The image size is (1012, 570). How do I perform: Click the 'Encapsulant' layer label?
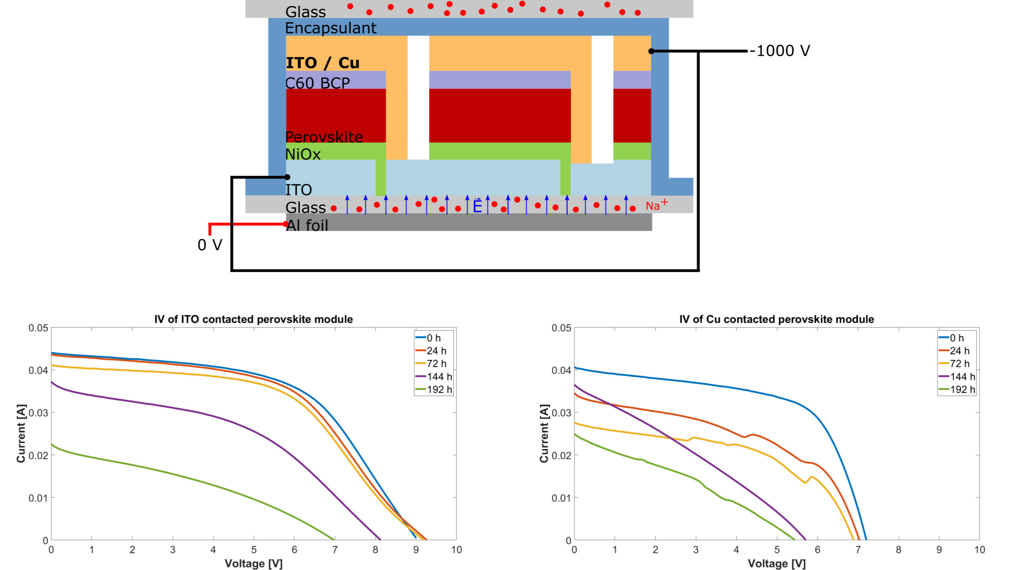tap(331, 28)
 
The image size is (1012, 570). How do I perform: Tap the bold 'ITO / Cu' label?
tap(322, 63)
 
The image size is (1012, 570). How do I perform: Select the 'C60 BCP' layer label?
tap(317, 83)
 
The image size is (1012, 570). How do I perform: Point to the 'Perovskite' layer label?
tap(324, 137)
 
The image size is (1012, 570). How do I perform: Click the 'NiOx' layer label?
tap(303, 154)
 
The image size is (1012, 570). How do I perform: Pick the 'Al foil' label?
tap(307, 225)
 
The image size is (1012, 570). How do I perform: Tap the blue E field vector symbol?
tap(477, 206)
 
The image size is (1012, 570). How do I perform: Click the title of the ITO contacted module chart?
tap(253, 319)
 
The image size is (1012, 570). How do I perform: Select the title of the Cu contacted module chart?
tap(776, 319)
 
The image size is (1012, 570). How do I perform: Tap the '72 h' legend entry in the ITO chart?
tap(436, 364)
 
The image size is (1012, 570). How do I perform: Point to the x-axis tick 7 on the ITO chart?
tap(335, 550)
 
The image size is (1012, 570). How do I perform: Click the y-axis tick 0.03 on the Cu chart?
tap(561, 413)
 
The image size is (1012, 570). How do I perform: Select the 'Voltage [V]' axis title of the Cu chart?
tap(776, 563)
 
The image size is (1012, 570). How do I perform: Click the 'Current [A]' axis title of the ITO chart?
tap(21, 433)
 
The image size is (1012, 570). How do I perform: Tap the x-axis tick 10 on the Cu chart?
tap(979, 550)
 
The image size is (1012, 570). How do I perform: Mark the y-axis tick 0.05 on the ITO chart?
tap(38, 328)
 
